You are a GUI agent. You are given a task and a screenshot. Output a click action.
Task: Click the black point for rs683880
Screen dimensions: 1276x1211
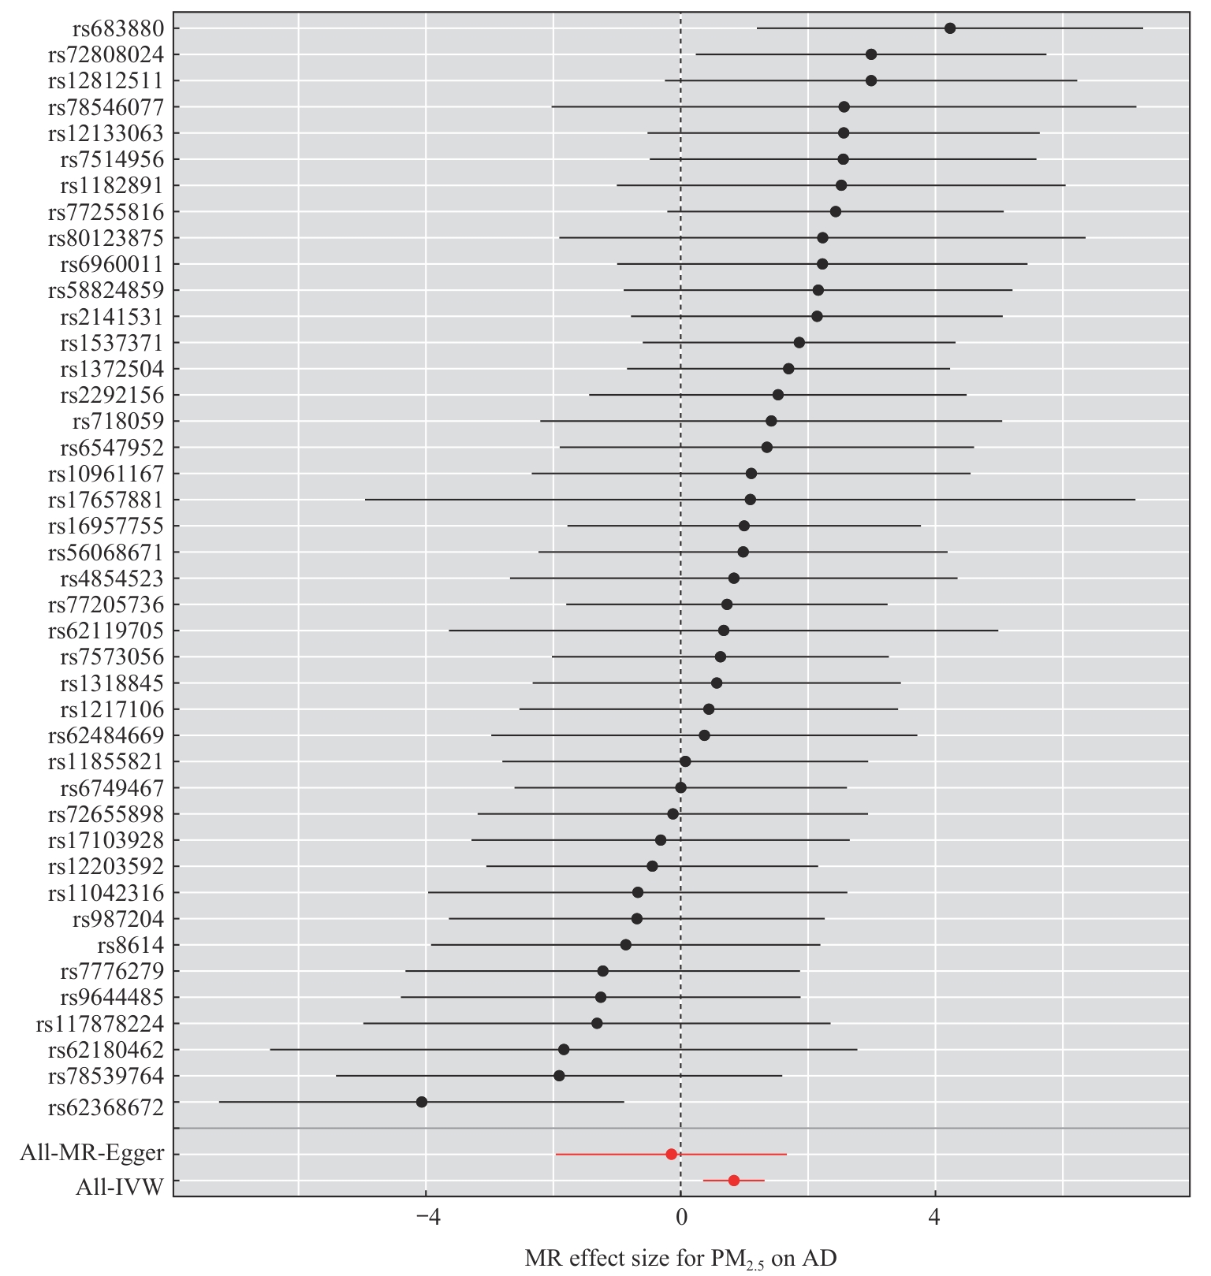949,28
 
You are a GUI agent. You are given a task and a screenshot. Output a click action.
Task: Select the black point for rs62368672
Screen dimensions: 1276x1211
422,1102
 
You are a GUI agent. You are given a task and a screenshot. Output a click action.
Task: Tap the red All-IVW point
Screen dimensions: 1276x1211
734,1181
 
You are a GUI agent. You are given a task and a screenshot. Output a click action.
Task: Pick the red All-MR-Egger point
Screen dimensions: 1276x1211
672,1154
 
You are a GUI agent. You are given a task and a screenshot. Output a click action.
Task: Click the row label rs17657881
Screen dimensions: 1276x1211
106,500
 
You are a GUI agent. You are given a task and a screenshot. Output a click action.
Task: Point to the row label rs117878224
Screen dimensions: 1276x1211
100,1024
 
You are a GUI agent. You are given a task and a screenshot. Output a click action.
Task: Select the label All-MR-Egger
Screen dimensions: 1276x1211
92,1154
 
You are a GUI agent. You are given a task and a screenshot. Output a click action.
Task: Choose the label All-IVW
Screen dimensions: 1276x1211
120,1187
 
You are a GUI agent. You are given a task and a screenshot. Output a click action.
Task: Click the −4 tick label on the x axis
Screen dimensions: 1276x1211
426,1218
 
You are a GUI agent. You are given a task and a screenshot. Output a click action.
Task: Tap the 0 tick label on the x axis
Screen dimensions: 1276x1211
680,1218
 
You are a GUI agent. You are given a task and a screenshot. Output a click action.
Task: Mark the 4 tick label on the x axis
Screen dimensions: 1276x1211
935,1218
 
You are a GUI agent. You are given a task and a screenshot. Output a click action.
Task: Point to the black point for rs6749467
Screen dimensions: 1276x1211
681,787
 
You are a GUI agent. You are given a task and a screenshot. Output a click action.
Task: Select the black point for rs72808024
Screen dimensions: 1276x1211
871,54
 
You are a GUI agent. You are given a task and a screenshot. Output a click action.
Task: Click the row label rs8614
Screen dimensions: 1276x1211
131,945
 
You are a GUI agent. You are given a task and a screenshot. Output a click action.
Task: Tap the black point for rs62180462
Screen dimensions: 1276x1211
564,1050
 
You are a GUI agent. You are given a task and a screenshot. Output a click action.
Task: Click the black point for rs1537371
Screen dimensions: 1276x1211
799,342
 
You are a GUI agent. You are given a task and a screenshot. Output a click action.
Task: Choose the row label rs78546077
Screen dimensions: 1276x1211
106,107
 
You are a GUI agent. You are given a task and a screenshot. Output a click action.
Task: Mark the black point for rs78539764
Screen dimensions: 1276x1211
559,1076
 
